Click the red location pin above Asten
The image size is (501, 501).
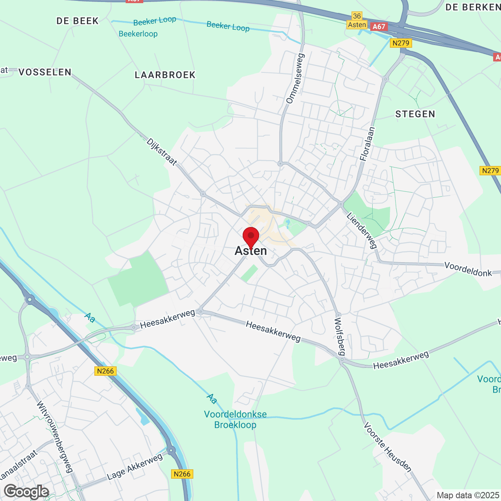tap(251, 236)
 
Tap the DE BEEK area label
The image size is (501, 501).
tap(77, 21)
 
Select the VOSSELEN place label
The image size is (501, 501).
tap(45, 72)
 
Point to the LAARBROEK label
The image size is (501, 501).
tap(165, 75)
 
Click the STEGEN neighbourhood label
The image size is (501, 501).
tap(415, 114)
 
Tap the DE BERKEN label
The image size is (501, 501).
tap(473, 7)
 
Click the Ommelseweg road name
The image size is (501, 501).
tap(296, 79)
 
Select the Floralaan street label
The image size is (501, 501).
tap(367, 144)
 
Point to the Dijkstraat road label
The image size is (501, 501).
tap(162, 151)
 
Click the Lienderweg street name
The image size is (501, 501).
tap(362, 231)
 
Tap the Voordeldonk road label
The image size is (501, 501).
tap(468, 269)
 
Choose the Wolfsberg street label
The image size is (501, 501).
tap(340, 336)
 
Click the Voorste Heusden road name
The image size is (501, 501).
tap(387, 447)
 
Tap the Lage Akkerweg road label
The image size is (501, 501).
tap(135, 467)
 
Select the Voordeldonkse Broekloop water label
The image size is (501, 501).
tap(235, 420)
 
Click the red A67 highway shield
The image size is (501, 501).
tap(378, 27)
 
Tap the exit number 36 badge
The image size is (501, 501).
tap(357, 16)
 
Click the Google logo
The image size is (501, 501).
tap(26, 492)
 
